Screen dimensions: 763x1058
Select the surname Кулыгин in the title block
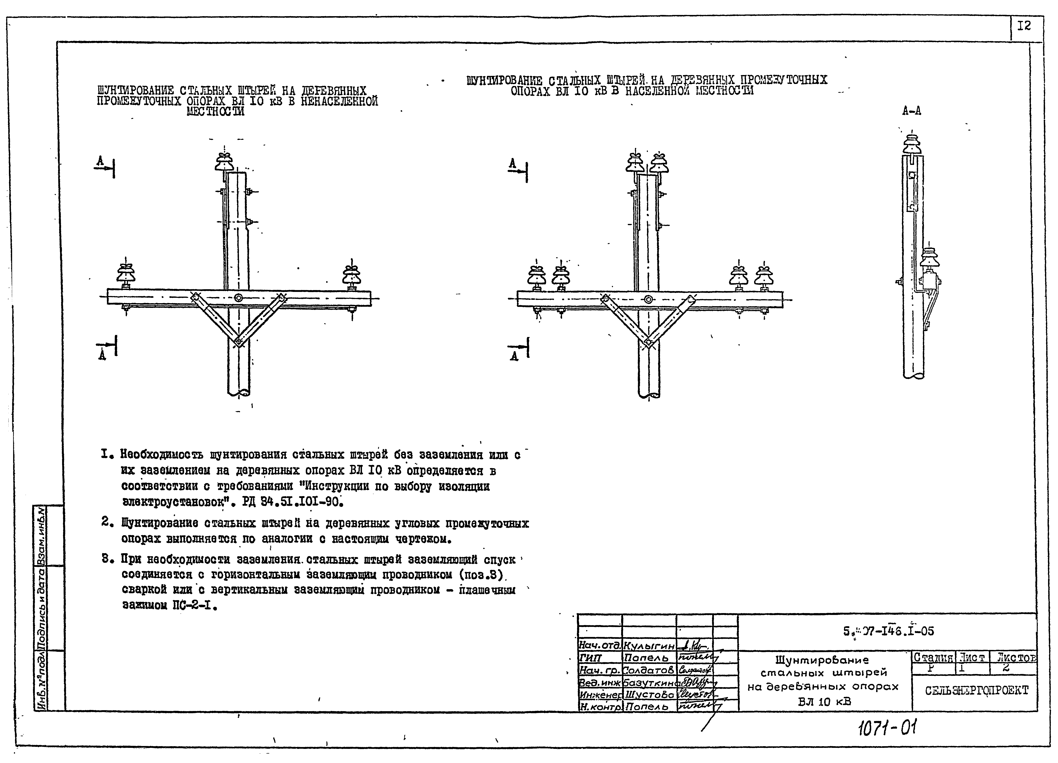click(x=649, y=646)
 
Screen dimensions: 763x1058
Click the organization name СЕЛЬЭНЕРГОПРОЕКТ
click(x=976, y=691)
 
